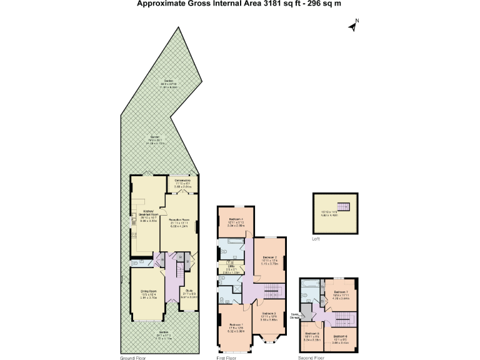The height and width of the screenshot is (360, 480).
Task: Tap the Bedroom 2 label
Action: [x=270, y=257]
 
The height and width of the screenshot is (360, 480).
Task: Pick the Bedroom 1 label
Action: [x=236, y=325]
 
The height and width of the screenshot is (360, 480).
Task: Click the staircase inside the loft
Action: [x=341, y=207]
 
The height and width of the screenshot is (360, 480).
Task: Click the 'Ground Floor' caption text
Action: [x=134, y=357]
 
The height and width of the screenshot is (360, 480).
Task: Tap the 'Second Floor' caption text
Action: [x=311, y=357]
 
